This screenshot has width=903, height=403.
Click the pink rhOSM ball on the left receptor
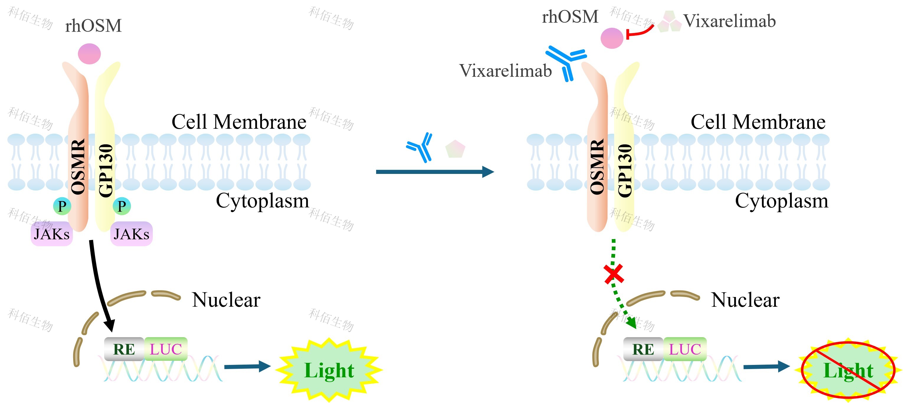89,54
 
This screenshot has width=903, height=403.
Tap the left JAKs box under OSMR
52,234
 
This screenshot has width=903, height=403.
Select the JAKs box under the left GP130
132,234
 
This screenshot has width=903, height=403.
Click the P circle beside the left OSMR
62,206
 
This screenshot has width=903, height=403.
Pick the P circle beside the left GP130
122,206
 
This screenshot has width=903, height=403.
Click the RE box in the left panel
124,349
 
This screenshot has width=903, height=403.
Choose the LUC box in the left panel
166,349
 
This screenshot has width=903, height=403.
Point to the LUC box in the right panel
685,349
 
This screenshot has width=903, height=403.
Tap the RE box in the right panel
643,349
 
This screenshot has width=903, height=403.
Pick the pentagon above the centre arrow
455,149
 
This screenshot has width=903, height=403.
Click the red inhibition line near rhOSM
640,32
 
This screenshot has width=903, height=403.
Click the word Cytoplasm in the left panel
262,201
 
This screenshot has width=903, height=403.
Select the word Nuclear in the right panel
745,300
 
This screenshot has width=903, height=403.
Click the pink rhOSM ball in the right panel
612,38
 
